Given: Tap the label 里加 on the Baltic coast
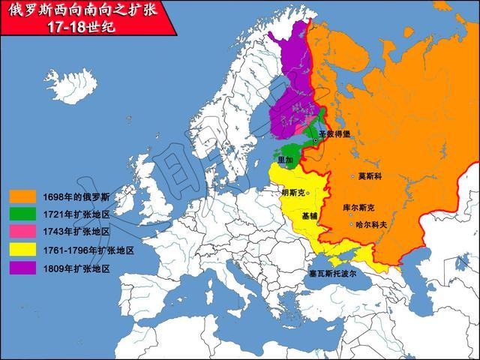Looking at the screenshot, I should (x=286, y=160).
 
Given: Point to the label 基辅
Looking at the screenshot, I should (x=310, y=216).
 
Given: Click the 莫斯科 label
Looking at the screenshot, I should (x=370, y=176).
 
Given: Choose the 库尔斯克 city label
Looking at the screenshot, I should (x=358, y=207).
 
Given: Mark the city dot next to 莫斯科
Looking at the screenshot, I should (x=352, y=176).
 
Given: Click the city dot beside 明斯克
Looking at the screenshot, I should (x=307, y=192).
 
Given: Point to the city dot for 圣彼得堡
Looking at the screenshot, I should (x=316, y=140).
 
